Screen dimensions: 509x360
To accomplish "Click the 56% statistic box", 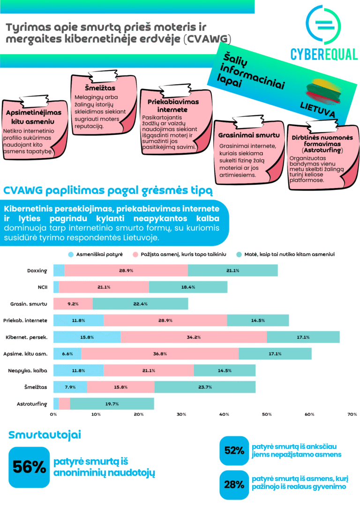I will tap(29, 467).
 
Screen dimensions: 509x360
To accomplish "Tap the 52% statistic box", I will tap(234, 450).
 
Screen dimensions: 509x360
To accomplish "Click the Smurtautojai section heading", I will tap(45, 435).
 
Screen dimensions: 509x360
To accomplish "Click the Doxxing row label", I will tap(37, 270).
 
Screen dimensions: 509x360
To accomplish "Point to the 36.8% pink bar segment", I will tap(160, 353).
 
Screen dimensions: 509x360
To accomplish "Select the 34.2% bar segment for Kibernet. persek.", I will tap(194, 337).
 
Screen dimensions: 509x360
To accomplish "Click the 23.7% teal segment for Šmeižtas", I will tap(205, 387).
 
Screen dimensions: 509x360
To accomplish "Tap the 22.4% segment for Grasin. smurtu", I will tap(140, 304).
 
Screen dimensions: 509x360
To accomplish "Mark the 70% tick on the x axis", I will tap(352, 414).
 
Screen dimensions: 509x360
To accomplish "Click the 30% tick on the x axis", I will tap(181, 414).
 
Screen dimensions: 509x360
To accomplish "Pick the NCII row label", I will tap(42, 287).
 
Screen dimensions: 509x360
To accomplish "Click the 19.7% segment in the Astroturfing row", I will tap(112, 403).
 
